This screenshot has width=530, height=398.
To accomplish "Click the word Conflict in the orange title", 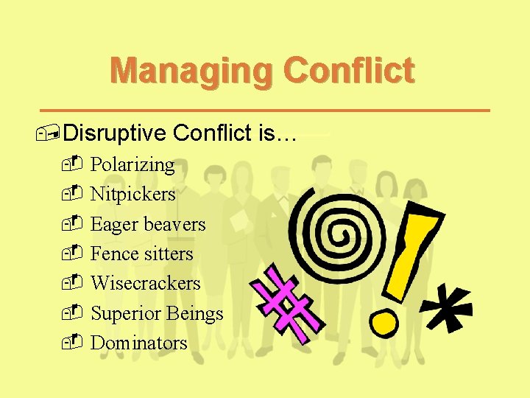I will pyautogui.click(x=349, y=71).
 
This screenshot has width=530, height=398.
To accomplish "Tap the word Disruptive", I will pyautogui.click(x=116, y=133).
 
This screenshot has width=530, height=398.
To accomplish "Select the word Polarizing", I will pyautogui.click(x=132, y=165).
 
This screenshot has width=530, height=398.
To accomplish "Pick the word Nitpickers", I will pyautogui.click(x=132, y=195).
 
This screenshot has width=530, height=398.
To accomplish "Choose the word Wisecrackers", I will pyautogui.click(x=145, y=283).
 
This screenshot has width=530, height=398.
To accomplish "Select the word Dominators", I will pyautogui.click(x=138, y=343).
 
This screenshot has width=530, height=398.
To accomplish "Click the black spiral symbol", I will pyautogui.click(x=341, y=233).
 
